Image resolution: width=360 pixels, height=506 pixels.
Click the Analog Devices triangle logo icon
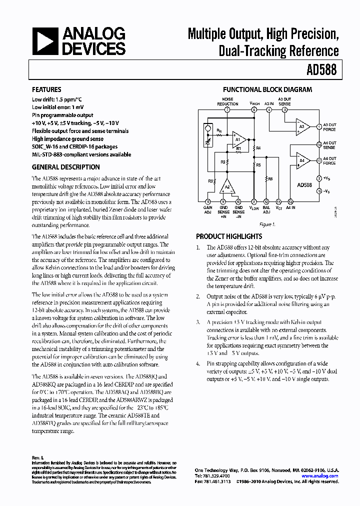pos(44,41)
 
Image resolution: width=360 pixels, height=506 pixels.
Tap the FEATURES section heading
pos(46,90)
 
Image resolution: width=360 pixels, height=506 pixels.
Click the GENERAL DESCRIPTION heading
pos(65,167)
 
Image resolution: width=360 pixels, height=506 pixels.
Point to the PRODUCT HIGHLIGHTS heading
pos(228,236)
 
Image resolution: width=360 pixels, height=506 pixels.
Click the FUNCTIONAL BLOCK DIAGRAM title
pos(267,90)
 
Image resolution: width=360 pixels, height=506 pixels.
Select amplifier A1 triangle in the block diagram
pos(238,139)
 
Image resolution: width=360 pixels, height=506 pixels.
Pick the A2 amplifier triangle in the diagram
pos(227,186)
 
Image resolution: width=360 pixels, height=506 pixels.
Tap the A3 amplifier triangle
pos(301,126)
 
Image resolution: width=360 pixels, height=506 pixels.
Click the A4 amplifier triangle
pos(301,161)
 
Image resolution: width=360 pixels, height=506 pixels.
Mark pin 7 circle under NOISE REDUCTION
pos(227,109)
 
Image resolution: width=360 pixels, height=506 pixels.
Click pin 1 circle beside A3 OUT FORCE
pos(319,126)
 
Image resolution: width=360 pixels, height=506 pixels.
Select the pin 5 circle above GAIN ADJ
pos(207,202)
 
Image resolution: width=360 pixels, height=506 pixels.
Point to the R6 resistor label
pos(270,178)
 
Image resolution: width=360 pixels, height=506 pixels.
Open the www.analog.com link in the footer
pos(320,476)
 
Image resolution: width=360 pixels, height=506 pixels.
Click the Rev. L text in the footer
pos(38,457)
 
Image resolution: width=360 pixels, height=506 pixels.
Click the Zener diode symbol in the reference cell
pos(209,143)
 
